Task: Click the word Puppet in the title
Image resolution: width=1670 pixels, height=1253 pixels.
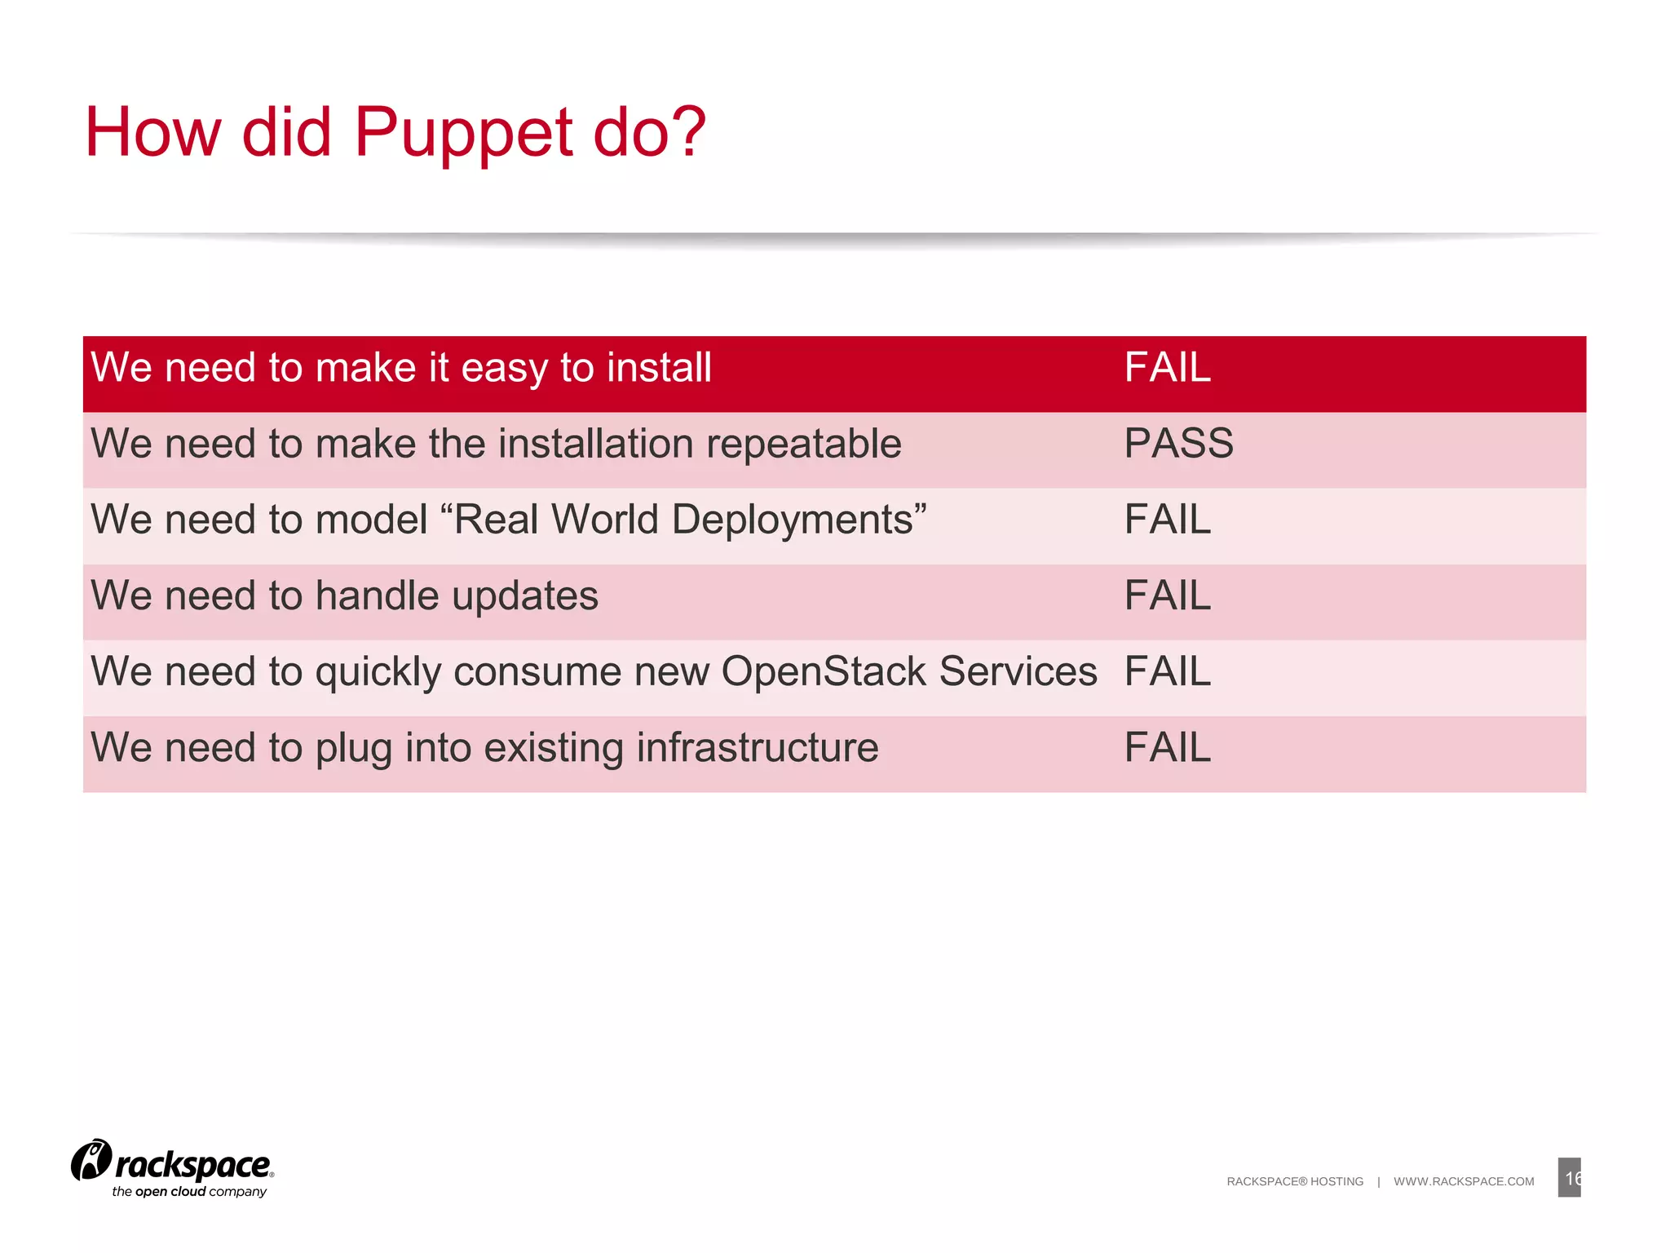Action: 463,133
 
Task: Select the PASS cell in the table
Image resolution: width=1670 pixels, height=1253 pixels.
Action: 1178,444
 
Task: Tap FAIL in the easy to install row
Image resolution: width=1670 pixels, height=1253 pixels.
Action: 1167,368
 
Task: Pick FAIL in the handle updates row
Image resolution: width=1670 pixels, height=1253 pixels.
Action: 1167,596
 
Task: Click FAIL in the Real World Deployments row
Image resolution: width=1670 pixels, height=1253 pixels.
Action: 1167,520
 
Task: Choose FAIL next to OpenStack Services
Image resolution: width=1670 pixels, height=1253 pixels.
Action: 1167,671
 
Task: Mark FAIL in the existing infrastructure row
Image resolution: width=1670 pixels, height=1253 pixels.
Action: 1167,747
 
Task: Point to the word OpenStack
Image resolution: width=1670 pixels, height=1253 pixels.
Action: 824,672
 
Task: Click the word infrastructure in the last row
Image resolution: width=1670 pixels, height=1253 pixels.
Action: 757,748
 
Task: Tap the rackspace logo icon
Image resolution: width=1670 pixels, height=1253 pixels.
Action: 91,1160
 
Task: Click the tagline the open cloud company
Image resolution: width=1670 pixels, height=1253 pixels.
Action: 189,1192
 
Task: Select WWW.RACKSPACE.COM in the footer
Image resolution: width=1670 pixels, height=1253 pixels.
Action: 1463,1181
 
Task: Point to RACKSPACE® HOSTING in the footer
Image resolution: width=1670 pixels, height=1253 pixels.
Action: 1294,1181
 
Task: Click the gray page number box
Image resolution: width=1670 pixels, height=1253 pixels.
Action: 1568,1177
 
